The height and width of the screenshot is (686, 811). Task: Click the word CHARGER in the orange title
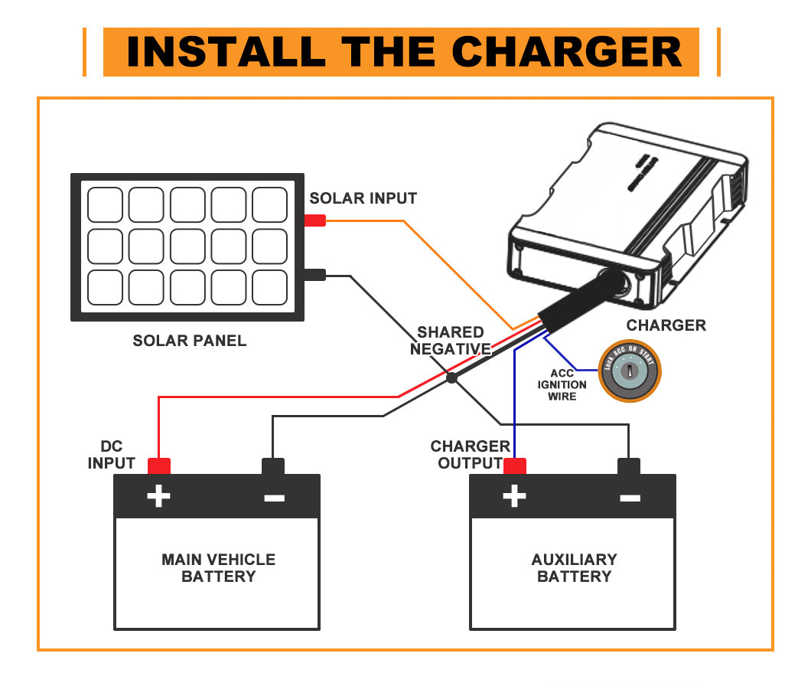566,52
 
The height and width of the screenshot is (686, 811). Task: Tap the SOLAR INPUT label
363,198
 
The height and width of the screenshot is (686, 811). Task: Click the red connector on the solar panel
315,221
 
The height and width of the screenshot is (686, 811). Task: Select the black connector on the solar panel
315,275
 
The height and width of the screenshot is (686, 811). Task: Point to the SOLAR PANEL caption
190,341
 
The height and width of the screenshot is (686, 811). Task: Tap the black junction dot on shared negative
451,377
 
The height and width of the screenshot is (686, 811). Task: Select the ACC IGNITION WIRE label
562,385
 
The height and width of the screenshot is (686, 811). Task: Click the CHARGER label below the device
666,325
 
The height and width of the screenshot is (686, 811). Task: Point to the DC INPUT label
112,455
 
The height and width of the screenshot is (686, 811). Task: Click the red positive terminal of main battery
159,465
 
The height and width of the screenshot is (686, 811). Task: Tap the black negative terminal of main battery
273,465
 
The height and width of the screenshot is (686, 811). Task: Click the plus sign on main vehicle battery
158,497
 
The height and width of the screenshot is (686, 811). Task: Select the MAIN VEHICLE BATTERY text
218,568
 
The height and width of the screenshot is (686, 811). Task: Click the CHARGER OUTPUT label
470,455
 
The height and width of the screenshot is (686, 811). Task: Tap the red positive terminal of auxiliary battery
515,465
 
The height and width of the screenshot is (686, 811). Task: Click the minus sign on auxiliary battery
629,498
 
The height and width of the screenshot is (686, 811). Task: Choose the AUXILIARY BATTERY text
574,568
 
